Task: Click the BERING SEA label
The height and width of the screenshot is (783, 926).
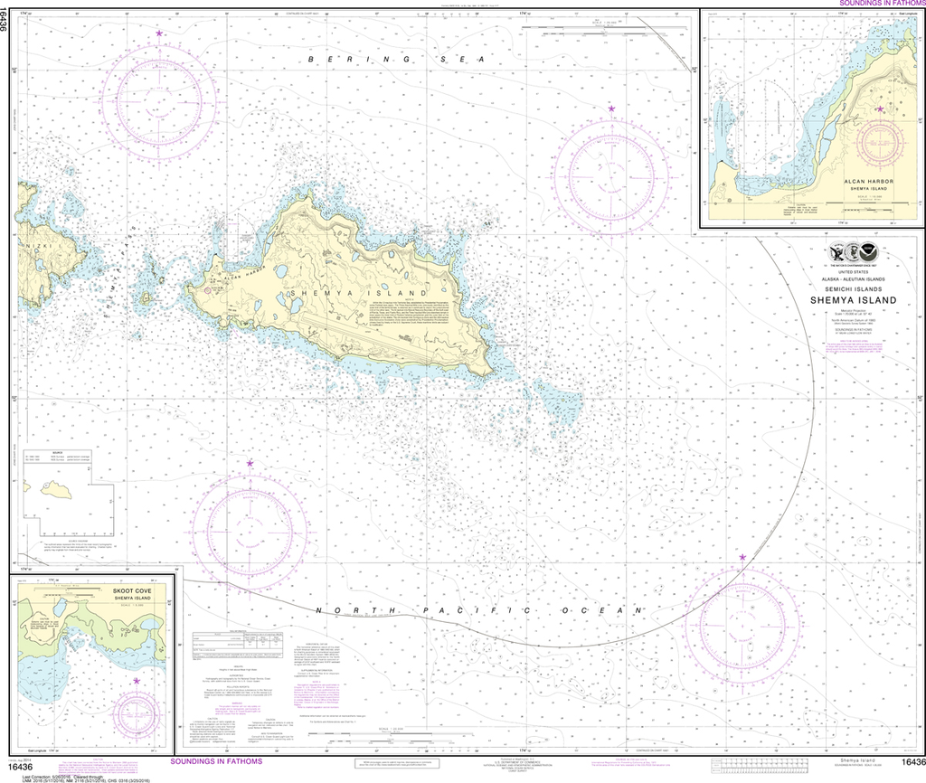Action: pyautogui.click(x=397, y=59)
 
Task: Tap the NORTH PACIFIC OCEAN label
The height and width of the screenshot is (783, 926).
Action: pyautogui.click(x=479, y=612)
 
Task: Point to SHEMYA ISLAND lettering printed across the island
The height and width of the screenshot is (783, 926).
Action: pyautogui.click(x=349, y=294)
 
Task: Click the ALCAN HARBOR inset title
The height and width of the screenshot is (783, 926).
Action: pyautogui.click(x=869, y=182)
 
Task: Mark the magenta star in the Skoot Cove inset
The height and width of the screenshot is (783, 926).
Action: pyautogui.click(x=137, y=681)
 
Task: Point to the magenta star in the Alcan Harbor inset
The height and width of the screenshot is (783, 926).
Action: pyautogui.click(x=879, y=109)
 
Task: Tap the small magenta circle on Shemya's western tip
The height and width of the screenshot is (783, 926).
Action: pyautogui.click(x=209, y=291)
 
